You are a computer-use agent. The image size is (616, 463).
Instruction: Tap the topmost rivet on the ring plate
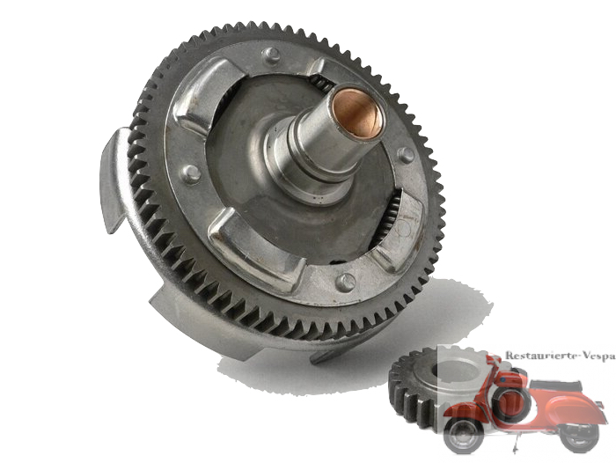point(272,55)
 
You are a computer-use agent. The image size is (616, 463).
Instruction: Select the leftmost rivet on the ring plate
point(191,173)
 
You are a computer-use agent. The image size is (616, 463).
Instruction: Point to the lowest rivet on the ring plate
point(346,282)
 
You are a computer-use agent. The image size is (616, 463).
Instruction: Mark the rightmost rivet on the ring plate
point(407,154)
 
